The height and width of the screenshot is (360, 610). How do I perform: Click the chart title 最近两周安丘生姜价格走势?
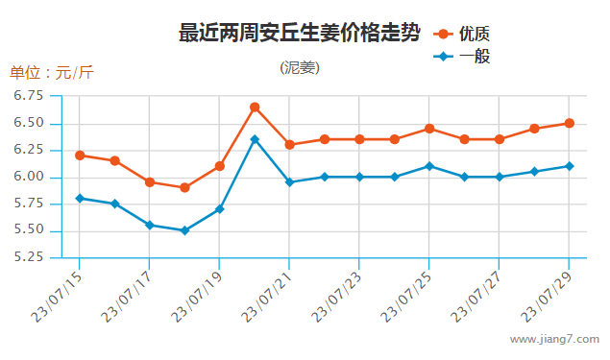pos(300,34)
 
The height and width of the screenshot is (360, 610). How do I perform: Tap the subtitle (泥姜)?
pos(300,67)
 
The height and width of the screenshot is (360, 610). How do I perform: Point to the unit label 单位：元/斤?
pos(52,73)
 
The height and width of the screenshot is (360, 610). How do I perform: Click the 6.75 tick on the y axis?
pos(30,96)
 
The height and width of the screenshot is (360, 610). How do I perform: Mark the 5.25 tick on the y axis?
pos(30,257)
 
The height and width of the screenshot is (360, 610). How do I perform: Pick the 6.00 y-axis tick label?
pos(30,177)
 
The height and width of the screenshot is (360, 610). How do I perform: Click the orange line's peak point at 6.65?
pos(255,107)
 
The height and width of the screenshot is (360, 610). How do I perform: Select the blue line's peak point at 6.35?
pos(255,139)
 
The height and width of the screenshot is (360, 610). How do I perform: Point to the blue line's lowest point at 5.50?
pos(184,230)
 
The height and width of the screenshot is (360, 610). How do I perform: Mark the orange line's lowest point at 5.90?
pos(184,187)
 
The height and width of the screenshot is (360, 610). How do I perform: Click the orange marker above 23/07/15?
pos(80,155)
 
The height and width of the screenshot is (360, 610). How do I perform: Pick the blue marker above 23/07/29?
pos(569,166)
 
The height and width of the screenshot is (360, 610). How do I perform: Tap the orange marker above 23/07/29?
pos(569,123)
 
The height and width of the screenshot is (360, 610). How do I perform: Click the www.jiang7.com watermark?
pos(554,340)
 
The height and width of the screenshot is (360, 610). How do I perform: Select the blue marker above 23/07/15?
pos(80,198)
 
